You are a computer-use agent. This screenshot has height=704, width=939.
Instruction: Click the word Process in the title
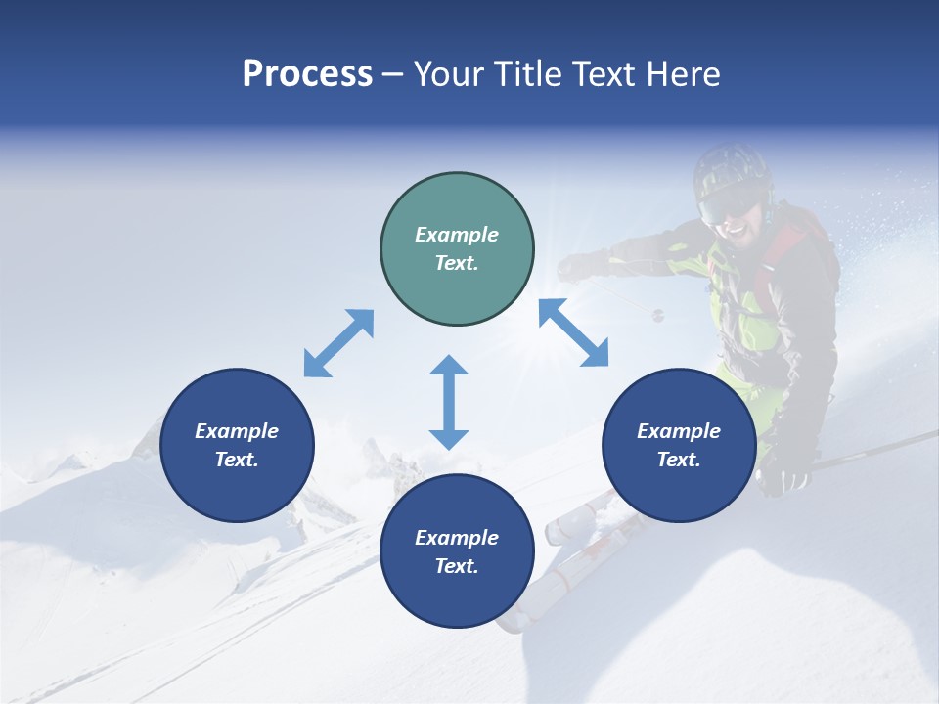307,74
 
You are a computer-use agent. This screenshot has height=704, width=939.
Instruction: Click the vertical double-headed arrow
449,402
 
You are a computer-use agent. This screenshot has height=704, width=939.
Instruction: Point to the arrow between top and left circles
338,343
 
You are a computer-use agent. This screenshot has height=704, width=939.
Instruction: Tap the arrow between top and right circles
573,332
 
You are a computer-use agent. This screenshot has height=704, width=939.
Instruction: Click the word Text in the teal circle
456,263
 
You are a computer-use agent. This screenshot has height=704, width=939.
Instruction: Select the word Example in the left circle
237,431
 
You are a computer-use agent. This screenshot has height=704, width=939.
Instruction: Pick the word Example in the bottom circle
457,538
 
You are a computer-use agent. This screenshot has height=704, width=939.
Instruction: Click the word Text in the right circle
678,460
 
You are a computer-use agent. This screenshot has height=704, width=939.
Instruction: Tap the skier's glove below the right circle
784,479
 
